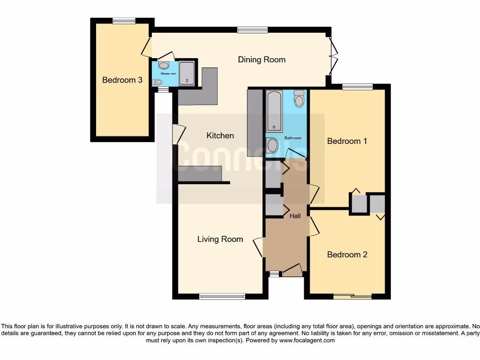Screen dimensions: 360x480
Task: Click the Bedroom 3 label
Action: click(x=122, y=80)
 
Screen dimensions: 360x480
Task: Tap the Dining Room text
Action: click(x=262, y=60)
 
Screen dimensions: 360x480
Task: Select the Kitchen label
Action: click(x=220, y=135)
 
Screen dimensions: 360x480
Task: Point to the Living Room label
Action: click(x=220, y=239)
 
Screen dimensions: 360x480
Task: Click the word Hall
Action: click(x=295, y=216)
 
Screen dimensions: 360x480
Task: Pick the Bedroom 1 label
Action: click(x=347, y=141)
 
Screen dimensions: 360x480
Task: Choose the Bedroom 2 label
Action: click(x=347, y=255)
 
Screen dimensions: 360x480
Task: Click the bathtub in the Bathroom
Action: click(x=275, y=112)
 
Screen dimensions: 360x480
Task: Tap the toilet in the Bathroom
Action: click(x=299, y=99)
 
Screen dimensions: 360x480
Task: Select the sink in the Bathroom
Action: click(x=272, y=145)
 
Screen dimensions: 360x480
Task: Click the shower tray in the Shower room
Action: click(x=187, y=74)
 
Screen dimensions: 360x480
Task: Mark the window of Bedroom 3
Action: click(x=124, y=20)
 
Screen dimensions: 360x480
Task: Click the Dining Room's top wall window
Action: click(x=252, y=30)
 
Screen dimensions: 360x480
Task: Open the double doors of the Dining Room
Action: click(x=332, y=56)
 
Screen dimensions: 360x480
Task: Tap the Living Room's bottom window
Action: click(x=222, y=296)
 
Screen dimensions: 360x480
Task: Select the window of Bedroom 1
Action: click(x=357, y=87)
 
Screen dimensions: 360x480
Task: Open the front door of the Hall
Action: click(x=292, y=270)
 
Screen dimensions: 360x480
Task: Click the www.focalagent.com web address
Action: click(x=307, y=340)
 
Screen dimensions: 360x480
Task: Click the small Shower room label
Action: click(x=168, y=74)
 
